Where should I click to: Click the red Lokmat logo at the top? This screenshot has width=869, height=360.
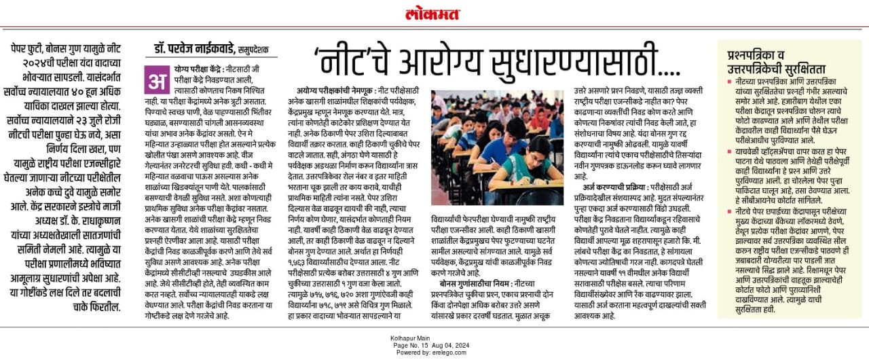click(x=433, y=14)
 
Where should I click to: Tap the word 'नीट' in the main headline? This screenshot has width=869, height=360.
click(x=351, y=62)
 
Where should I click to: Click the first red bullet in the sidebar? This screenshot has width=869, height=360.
click(x=729, y=81)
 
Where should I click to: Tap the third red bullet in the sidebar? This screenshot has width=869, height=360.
click(x=729, y=211)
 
